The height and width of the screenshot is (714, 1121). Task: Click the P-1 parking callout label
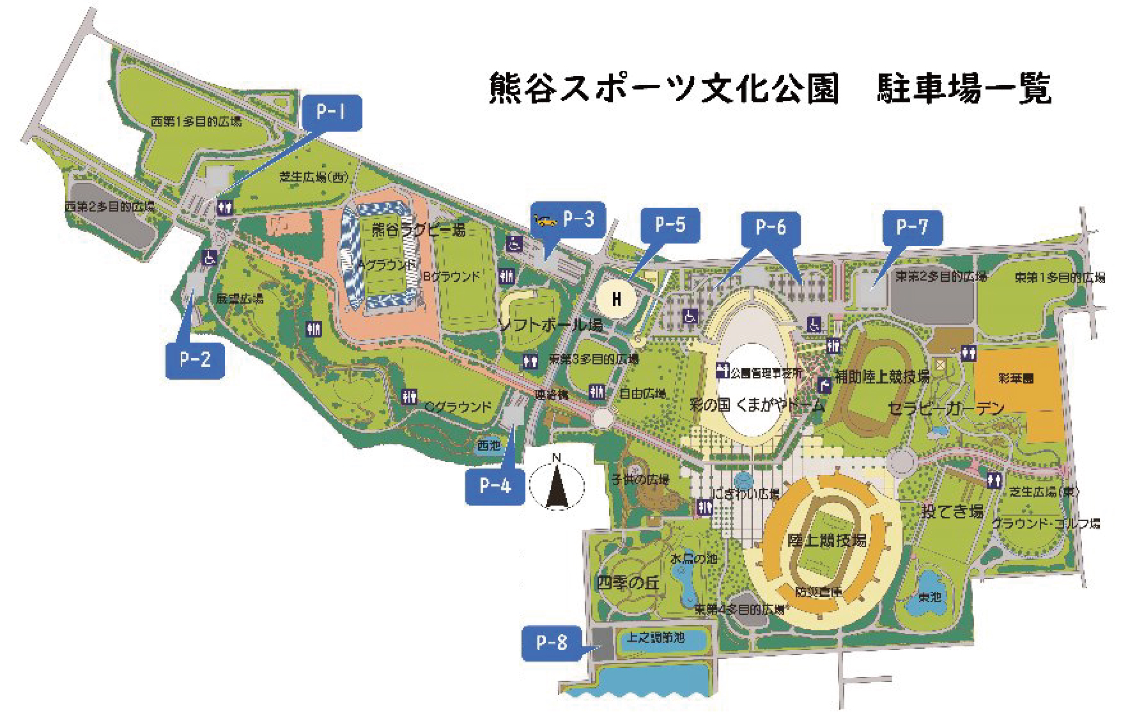(330, 113)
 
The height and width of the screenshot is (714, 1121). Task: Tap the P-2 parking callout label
(195, 360)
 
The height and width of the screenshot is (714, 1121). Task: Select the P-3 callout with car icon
(568, 220)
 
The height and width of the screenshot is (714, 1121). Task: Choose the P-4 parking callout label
(495, 486)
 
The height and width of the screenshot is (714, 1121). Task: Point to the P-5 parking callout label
(670, 225)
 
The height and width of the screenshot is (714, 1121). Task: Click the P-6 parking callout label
(770, 228)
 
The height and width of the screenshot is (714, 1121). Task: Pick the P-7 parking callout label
(912, 227)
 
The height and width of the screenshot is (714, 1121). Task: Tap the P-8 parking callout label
(552, 642)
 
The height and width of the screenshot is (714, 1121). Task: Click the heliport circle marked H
(617, 299)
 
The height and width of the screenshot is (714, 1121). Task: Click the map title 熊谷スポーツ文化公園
(663, 88)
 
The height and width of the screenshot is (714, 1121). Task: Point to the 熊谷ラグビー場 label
(419, 229)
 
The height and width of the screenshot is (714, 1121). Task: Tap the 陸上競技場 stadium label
(826, 541)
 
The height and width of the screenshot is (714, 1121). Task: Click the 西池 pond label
(489, 445)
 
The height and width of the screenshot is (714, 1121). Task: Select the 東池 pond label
(930, 597)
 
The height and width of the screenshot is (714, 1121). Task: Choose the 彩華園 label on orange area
(1016, 378)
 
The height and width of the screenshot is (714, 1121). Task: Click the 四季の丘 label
(628, 582)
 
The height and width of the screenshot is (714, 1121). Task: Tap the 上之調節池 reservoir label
(656, 637)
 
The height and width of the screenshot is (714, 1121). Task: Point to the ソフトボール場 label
(550, 325)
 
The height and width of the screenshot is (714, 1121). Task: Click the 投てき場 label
(952, 511)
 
